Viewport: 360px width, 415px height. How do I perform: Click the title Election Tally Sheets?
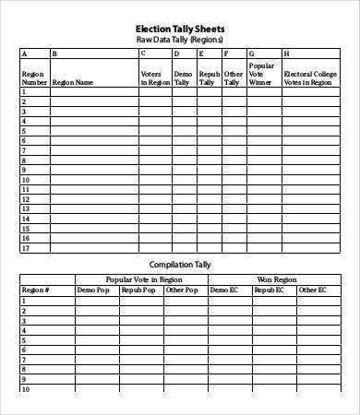180,30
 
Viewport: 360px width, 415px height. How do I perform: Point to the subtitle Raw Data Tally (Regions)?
180,41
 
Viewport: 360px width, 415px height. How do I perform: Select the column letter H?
287,54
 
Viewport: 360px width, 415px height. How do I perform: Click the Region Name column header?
73,82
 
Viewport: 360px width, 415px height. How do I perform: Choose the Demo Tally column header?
183,77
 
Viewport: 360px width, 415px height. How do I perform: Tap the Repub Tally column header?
209,77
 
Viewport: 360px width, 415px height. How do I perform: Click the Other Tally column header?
234,77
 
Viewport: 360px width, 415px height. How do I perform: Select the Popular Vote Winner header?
262,74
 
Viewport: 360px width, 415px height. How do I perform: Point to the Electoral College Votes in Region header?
307,77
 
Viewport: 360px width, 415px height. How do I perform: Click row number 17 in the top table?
26,248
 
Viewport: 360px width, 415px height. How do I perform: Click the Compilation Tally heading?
180,264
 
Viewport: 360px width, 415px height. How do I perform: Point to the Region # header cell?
35,290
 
